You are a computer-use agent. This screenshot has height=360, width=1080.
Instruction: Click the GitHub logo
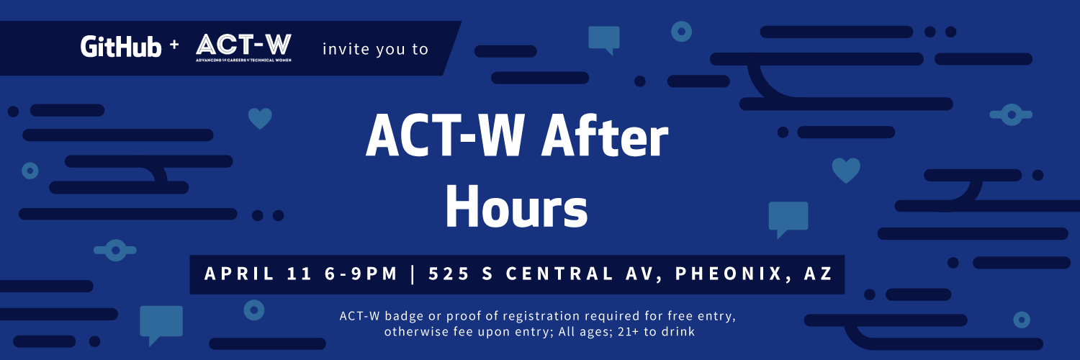121,47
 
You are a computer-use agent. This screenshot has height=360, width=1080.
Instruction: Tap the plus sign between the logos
174,45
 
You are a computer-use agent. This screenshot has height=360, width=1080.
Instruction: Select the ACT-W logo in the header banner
243,48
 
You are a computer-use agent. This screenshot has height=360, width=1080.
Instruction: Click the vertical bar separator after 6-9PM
412,274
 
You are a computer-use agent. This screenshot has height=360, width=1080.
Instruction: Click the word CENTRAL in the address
561,274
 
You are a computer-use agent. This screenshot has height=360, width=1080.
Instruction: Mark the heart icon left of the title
260,118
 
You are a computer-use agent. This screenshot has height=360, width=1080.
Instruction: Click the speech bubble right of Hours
788,218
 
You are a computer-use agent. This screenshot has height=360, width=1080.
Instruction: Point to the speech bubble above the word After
603,39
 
